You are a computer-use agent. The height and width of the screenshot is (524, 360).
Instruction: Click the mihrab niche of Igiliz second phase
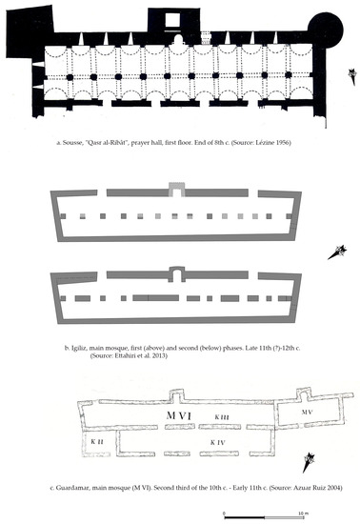(x=178, y=276)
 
